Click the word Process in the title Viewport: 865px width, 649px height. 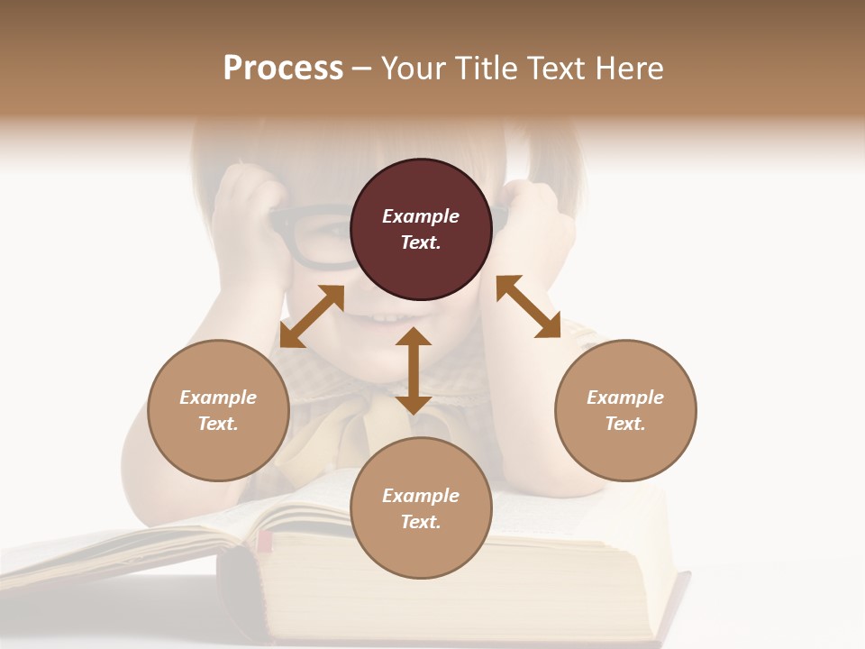click(283, 69)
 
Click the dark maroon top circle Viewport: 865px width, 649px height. click(421, 229)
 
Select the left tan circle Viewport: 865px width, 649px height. click(218, 410)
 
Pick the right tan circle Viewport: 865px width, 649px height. click(625, 410)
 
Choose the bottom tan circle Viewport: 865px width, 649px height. click(421, 508)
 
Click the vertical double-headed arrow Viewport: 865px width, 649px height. click(414, 370)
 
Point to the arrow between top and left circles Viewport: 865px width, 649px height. click(312, 316)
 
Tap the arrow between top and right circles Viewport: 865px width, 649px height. click(528, 306)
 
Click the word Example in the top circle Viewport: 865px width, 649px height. click(421, 216)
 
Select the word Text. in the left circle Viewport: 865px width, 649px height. click(218, 424)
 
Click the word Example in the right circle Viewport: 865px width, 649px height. click(625, 398)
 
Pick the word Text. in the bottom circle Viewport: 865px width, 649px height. click(421, 522)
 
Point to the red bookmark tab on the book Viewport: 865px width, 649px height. click(264, 541)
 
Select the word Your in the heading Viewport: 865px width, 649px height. click(411, 69)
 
